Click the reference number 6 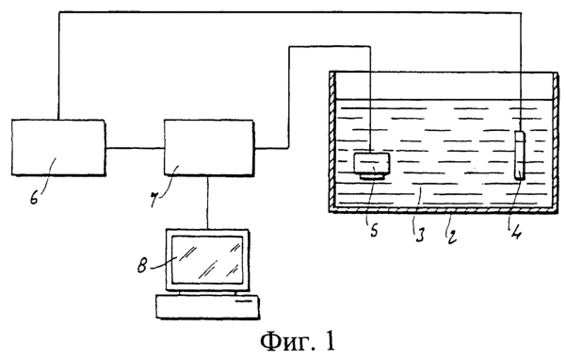34,198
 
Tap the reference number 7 154,200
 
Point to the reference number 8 142,267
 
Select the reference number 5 374,230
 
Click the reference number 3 419,234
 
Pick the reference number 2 451,237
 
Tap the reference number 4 516,232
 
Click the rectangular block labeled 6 58,148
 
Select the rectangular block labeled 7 209,148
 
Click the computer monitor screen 207,259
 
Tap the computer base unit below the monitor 207,306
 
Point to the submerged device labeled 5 371,166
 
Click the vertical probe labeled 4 520,155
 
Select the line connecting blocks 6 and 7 135,148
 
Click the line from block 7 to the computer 207,203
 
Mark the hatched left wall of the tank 332,140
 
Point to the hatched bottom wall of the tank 444,210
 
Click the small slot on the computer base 244,301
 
